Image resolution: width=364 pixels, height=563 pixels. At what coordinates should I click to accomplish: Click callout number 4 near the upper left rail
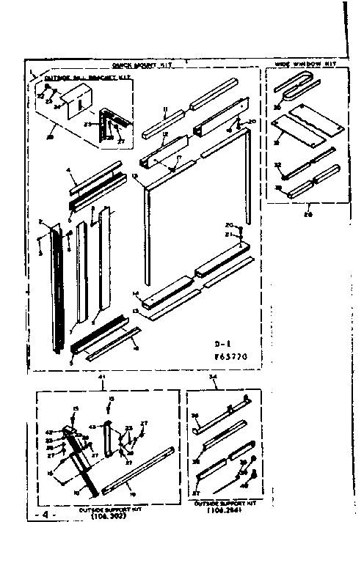coord(68,170)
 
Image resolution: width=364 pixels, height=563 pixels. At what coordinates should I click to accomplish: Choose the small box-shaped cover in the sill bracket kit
coord(76,97)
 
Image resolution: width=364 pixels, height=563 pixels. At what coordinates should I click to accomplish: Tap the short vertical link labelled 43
coord(109,440)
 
